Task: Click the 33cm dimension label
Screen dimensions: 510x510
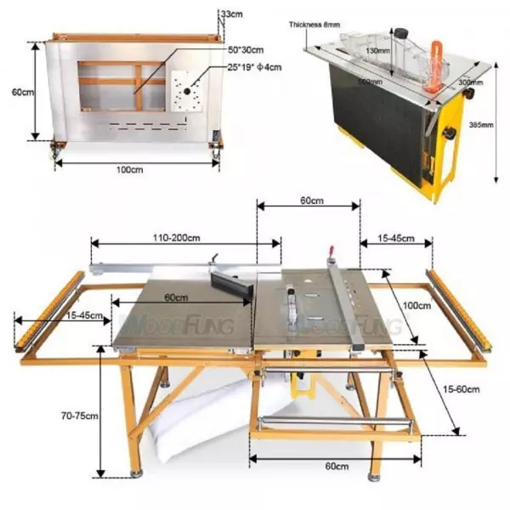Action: [230, 15]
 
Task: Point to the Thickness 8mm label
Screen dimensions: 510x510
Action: [315, 25]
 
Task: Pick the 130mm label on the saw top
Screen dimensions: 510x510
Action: [375, 51]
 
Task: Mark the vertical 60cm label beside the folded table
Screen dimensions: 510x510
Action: [20, 92]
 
